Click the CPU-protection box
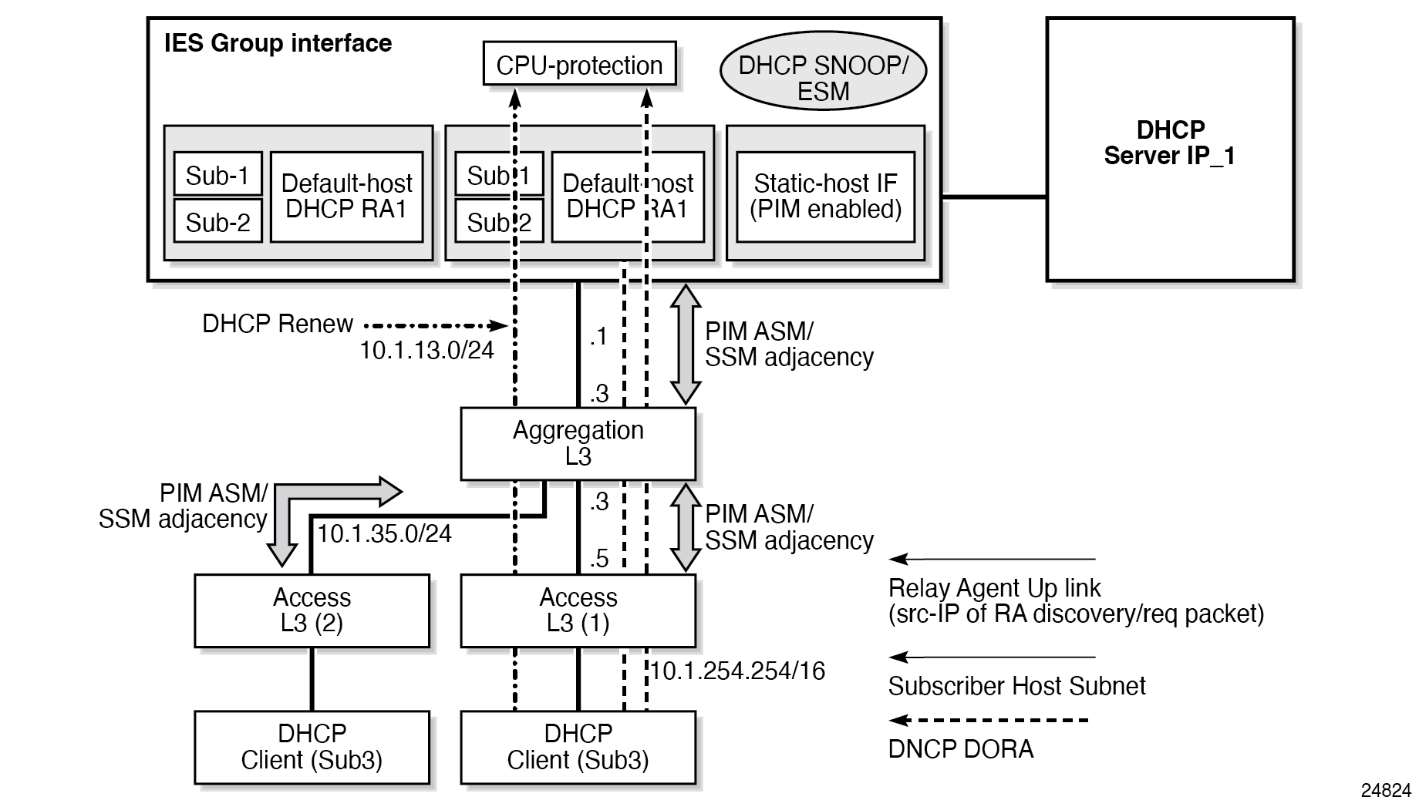(x=579, y=64)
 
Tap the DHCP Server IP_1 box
(x=1169, y=150)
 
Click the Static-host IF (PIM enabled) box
(x=825, y=197)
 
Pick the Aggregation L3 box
(x=578, y=444)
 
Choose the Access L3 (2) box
(x=312, y=610)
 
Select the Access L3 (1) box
(x=578, y=610)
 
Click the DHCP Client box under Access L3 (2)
(x=312, y=747)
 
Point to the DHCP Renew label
(x=278, y=324)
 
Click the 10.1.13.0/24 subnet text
(x=426, y=351)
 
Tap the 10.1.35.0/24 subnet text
(x=384, y=533)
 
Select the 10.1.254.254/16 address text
(x=737, y=671)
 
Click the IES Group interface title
(x=278, y=43)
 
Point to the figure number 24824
(x=1386, y=790)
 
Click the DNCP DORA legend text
(x=960, y=749)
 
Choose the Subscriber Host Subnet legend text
(x=1016, y=686)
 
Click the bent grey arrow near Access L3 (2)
(x=308, y=501)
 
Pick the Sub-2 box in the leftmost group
(x=217, y=222)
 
